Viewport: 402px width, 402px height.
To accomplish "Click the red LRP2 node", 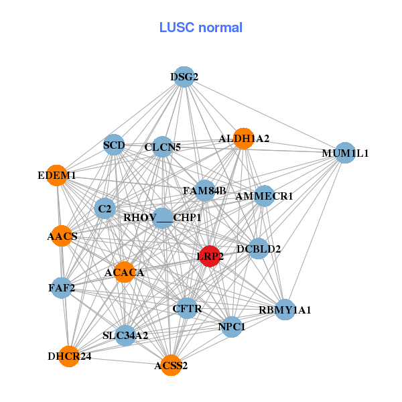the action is pos(210,257).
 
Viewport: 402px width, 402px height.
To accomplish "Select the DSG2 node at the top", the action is pos(184,77).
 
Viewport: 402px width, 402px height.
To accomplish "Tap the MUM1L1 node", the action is pos(344,153).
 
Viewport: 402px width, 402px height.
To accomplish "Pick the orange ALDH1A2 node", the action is pos(244,138).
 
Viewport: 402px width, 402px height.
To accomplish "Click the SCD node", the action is pos(114,145).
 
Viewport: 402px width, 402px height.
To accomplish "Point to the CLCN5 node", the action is pos(163,146).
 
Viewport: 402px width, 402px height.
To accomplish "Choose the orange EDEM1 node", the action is pos(57,176).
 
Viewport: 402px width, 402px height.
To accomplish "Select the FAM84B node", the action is pos(205,191).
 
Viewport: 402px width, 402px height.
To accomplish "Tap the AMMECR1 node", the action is pos(265,196).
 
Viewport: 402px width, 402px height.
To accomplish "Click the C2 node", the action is pos(105,209).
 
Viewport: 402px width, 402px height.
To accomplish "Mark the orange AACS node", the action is pos(62,236).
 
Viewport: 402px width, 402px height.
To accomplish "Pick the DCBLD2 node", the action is pos(259,249).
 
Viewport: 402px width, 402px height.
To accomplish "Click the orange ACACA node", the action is pos(124,272).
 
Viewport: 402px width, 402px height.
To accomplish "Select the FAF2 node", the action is pos(62,288).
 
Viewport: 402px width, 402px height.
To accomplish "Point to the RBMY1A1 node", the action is pos(285,310).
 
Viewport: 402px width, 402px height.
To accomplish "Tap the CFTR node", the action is pos(187,308).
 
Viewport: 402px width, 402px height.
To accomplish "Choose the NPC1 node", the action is pos(232,327).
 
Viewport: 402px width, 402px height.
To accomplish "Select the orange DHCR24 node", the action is pos(70,356).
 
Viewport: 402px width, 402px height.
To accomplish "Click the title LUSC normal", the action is pos(201,27).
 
